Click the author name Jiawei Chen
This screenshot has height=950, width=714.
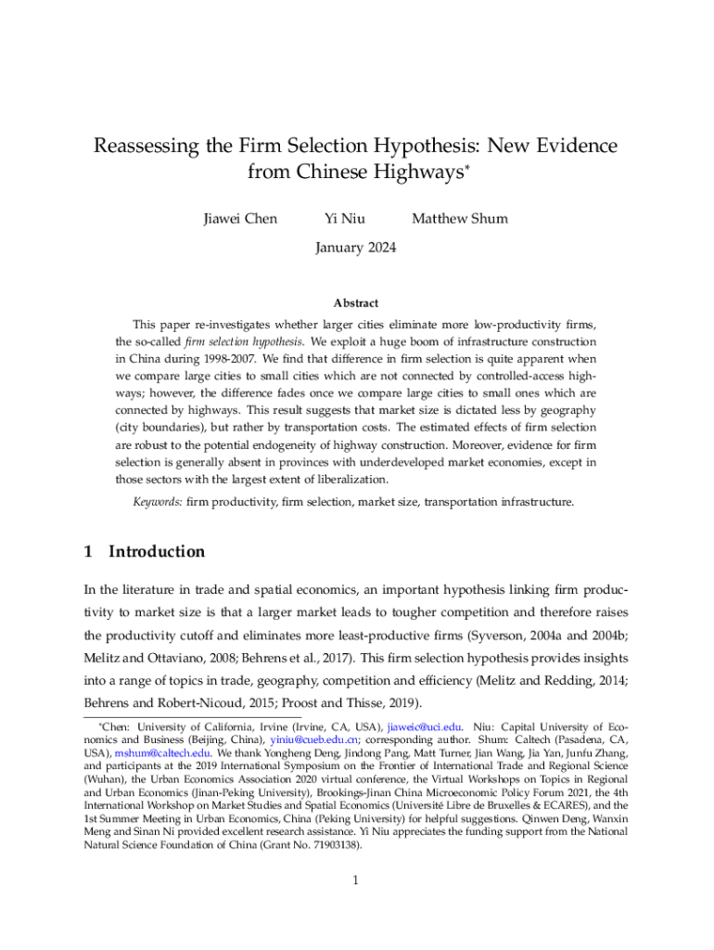[x=240, y=219]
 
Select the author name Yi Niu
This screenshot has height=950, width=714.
[x=344, y=219]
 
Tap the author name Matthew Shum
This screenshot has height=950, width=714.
[x=460, y=219]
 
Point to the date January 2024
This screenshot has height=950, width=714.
[x=356, y=248]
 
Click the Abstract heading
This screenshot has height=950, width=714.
[x=356, y=303]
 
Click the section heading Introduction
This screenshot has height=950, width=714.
[x=157, y=552]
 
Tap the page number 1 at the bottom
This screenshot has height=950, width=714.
[x=356, y=880]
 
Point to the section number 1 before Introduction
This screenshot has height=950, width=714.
[x=88, y=552]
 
